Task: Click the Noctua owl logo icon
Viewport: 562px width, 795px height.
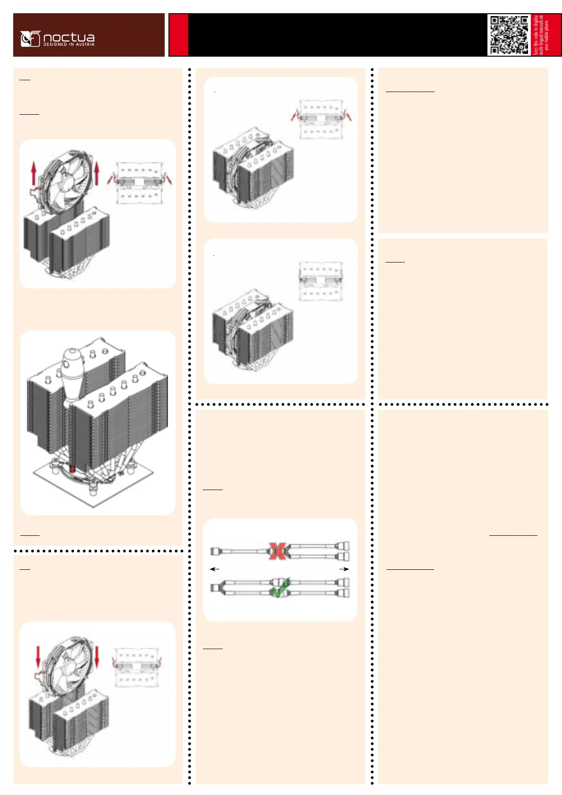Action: tap(30, 39)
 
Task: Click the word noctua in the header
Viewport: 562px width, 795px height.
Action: tap(69, 37)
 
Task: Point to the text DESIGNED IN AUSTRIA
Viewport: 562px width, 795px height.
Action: tap(69, 44)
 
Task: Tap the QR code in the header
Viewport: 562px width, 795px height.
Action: tap(509, 35)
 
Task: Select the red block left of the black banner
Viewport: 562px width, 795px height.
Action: tap(179, 35)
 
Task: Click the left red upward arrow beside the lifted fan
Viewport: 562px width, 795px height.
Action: tap(34, 173)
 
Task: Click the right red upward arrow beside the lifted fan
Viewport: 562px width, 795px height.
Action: tap(97, 173)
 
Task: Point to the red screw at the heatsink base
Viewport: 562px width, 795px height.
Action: tap(72, 469)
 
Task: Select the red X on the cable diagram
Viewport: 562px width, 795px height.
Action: tap(278, 550)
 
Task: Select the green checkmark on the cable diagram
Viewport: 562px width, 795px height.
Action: tap(279, 588)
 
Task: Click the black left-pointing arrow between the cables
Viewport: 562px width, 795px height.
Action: tap(215, 569)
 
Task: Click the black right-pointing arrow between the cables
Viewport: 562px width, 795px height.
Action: tap(344, 569)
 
